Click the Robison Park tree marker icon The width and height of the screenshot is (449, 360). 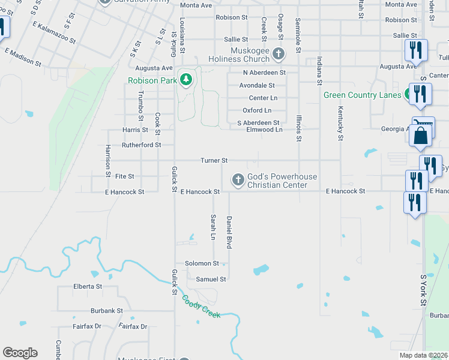(x=186, y=80)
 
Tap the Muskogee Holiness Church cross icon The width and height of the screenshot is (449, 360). (x=278, y=53)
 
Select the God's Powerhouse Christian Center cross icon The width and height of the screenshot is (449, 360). (x=238, y=179)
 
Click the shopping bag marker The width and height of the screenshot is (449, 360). (x=421, y=136)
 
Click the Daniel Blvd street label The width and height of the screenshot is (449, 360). (x=229, y=232)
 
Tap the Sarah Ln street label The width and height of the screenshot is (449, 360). (x=212, y=227)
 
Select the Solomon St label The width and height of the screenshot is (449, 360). (x=202, y=263)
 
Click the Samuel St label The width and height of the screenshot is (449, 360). (x=211, y=279)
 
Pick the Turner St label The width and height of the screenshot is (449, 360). (x=214, y=160)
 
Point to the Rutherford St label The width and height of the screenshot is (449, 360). (x=141, y=145)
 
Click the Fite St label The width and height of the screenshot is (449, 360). (x=124, y=176)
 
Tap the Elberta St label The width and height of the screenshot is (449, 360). (x=88, y=286)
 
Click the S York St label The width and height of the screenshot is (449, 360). (x=423, y=291)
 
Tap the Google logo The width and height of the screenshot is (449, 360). (x=20, y=353)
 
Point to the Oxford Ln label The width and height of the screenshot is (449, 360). (x=257, y=110)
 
